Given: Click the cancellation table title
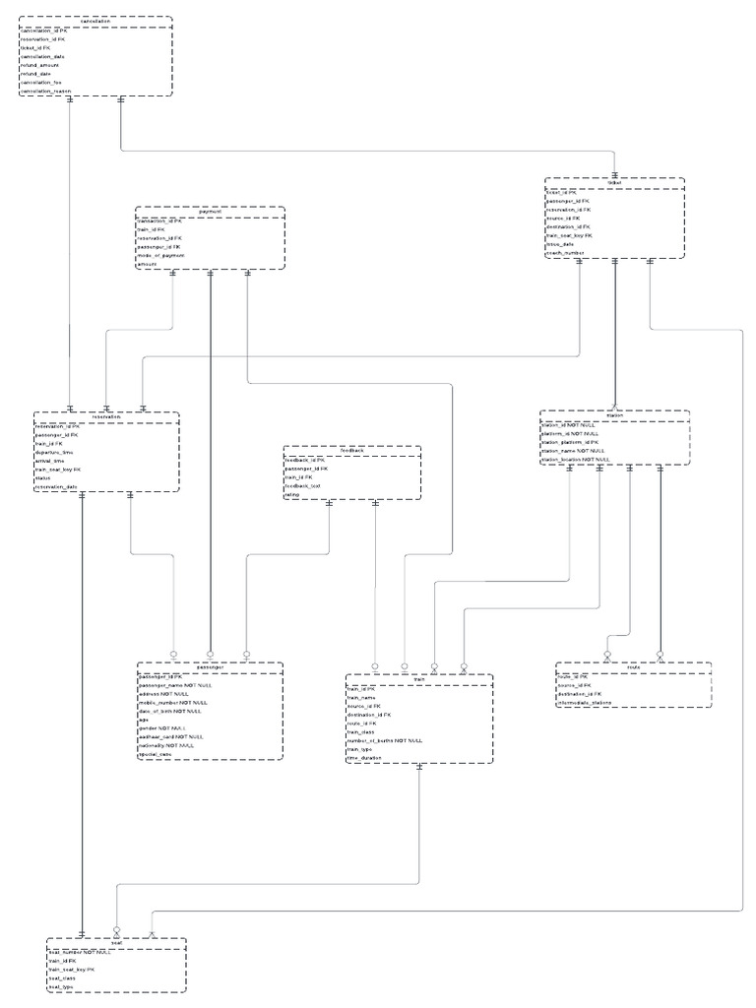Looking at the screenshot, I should click(x=95, y=21).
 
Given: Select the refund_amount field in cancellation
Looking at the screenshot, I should click(x=42, y=65).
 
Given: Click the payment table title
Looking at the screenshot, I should click(x=210, y=212).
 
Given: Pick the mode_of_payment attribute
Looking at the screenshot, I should click(x=161, y=256).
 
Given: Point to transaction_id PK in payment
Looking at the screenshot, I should click(x=160, y=222).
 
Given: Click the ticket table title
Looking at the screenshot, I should click(x=615, y=182).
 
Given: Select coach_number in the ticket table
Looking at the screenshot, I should click(x=565, y=253).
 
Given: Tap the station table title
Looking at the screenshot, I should click(x=615, y=415).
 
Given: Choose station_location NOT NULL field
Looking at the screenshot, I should click(x=577, y=459).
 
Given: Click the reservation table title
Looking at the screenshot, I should click(x=106, y=416).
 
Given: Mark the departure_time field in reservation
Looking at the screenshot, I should click(x=55, y=453).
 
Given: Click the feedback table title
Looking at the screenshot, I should click(x=352, y=451).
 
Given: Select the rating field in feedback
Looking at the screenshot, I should click(x=292, y=495).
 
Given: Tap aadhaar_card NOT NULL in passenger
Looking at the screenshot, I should click(x=171, y=736).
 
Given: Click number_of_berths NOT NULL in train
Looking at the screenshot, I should click(x=385, y=740).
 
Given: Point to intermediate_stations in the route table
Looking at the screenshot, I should click(x=589, y=703).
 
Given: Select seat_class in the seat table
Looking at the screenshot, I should click(x=63, y=978).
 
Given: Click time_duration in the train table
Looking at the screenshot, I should click(x=364, y=758).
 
